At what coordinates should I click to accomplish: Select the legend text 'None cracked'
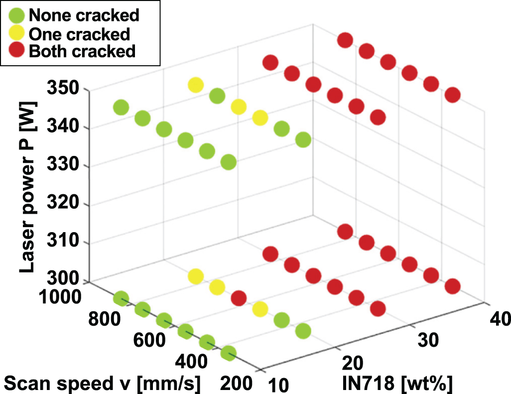(84, 15)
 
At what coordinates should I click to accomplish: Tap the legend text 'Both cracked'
(82, 51)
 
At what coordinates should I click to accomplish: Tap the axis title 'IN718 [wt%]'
(396, 384)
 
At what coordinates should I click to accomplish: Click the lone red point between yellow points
(238, 298)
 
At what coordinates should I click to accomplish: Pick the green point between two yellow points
(217, 96)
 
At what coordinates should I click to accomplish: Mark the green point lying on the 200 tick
(228, 353)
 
